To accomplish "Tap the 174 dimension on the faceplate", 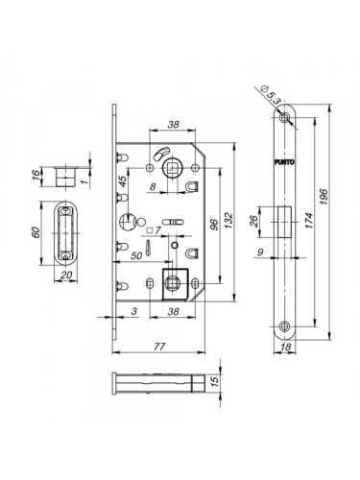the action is pos(309,221).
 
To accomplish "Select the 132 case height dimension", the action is pos(229,221).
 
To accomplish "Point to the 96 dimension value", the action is pos(215,225).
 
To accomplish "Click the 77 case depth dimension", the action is pos(159,347).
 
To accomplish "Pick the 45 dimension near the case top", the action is pos(123,181).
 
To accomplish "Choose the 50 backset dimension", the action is pos(136,256).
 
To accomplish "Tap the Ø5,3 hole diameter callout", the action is pos(270,94).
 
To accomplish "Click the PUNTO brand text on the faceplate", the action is pos(284,162).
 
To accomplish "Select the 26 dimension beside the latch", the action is pos(253,221).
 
